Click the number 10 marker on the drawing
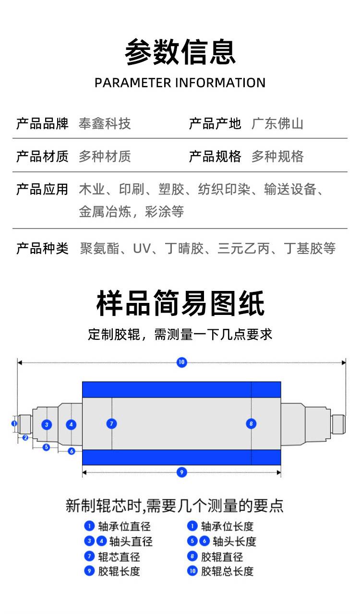(181, 362)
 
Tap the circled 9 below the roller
(181, 472)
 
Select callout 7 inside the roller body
(112, 423)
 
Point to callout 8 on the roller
(251, 423)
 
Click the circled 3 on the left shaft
(47, 424)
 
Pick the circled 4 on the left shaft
(71, 424)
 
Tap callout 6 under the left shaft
(72, 451)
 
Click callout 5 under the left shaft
(46, 447)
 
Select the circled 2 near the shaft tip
(25, 437)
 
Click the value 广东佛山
(277, 124)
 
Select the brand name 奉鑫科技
(105, 124)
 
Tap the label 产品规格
(215, 157)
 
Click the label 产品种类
(42, 249)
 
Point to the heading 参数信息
(180, 52)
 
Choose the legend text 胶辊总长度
(227, 571)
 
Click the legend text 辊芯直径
(119, 557)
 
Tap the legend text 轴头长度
(234, 542)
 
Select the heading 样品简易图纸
(180, 303)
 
